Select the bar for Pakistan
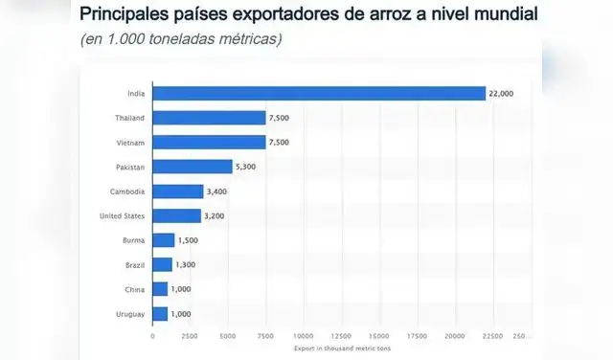tap(193, 167)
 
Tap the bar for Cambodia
tap(178, 191)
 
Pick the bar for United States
tap(176, 215)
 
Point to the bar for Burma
tap(164, 240)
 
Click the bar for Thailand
tap(209, 118)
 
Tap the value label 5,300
tap(247, 167)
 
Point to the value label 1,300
tap(188, 264)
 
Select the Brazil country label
tap(133, 264)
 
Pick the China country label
tap(133, 289)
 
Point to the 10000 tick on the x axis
tap(304, 336)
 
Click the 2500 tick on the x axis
tap(191, 336)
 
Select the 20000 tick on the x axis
tap(455, 336)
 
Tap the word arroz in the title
tap(402, 15)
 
